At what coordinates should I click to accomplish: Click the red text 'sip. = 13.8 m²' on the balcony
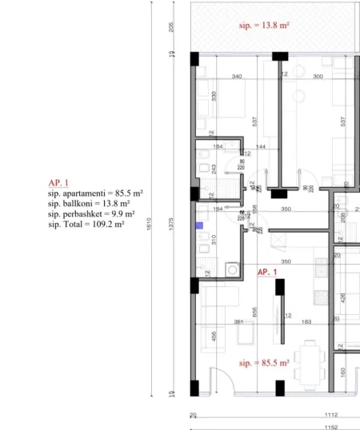coord(264,26)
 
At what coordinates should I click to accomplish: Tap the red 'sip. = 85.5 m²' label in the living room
coord(264,362)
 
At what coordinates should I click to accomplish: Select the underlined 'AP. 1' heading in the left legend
coord(58,183)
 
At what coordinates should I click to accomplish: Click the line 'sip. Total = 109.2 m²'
coord(86,225)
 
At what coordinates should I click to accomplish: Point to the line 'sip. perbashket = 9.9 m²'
coord(91,214)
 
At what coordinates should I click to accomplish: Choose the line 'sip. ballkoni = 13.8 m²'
coord(89,204)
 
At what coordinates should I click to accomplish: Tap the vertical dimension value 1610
coord(150,226)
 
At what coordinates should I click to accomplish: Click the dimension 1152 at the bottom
coord(332,427)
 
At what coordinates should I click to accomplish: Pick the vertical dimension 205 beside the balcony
coord(172,26)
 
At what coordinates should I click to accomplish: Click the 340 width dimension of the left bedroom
coord(236,78)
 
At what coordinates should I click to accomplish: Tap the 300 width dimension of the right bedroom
coord(318,78)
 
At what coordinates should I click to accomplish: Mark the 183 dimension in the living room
coord(306,322)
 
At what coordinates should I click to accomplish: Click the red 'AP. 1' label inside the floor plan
coord(267,273)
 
